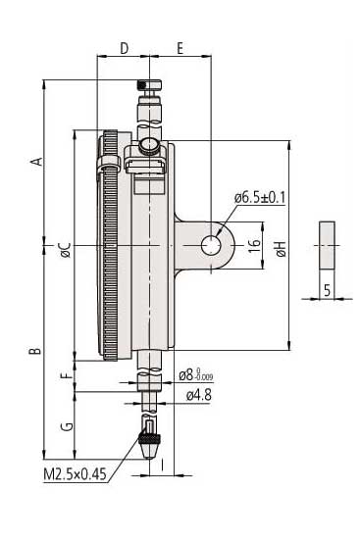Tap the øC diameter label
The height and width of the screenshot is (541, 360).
[66, 250]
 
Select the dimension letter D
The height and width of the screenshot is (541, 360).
[124, 48]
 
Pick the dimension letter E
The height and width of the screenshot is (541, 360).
[180, 48]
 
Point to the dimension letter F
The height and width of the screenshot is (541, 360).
[67, 374]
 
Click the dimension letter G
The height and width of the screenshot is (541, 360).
[67, 426]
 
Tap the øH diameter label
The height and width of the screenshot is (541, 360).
[282, 249]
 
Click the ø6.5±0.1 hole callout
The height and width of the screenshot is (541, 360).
[260, 198]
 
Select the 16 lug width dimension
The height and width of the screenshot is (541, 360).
[255, 245]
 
